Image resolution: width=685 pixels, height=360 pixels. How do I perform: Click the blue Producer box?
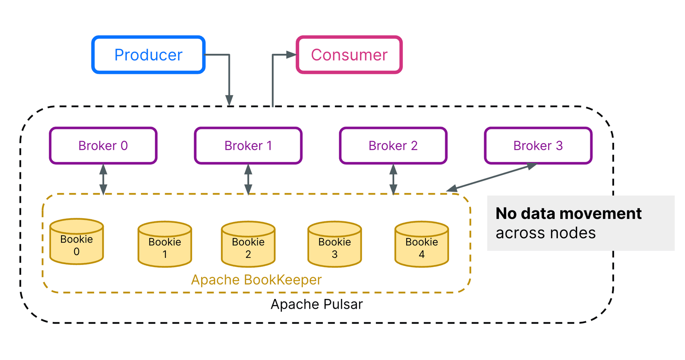(148, 55)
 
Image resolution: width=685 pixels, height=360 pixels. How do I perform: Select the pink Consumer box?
(349, 55)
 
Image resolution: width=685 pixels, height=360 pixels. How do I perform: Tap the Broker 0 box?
(103, 146)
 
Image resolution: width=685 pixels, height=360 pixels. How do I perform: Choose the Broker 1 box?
(248, 146)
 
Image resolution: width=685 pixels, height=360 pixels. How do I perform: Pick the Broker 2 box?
(393, 146)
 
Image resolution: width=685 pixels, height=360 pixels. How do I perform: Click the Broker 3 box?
(538, 146)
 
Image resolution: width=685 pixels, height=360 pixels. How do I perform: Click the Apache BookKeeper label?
(256, 280)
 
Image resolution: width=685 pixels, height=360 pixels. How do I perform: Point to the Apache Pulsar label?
(317, 304)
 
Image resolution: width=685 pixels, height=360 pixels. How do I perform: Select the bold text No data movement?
(569, 213)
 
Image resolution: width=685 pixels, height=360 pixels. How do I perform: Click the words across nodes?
(545, 233)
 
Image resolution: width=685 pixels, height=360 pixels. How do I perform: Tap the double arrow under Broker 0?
(103, 179)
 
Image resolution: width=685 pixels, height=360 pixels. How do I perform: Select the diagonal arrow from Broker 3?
(492, 178)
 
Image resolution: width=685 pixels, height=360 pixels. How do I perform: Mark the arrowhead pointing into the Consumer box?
(291, 55)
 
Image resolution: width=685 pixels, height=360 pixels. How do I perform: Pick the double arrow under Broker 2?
(393, 179)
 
